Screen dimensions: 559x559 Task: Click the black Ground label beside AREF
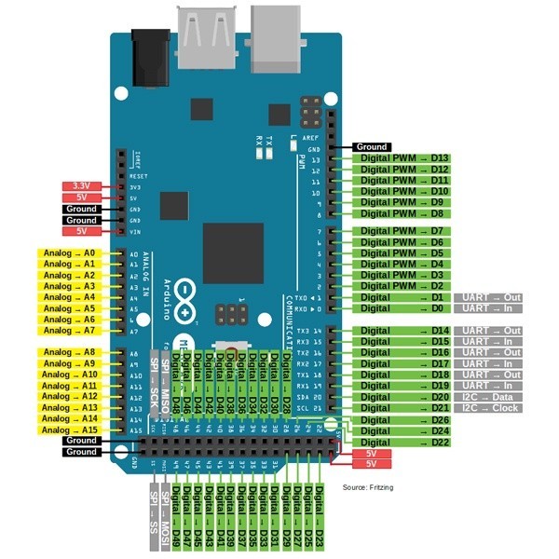click(372, 147)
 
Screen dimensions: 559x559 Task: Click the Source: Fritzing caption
click(369, 487)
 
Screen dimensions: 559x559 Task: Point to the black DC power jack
click(148, 58)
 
